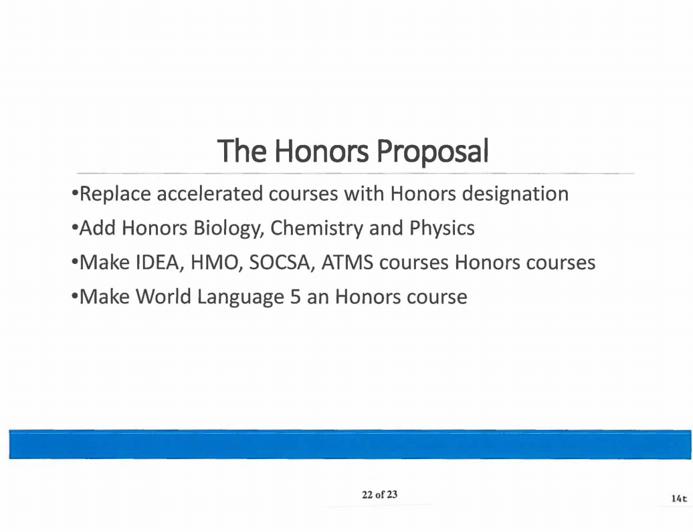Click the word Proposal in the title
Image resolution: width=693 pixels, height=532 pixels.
(432, 152)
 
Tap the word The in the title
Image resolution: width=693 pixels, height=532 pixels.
(241, 150)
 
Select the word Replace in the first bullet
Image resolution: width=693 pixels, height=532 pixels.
(115, 194)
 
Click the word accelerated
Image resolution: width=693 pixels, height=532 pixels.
(209, 194)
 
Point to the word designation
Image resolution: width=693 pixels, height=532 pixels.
(515, 194)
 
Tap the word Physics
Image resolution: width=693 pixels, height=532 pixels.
(442, 229)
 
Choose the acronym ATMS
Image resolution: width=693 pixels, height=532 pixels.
(347, 263)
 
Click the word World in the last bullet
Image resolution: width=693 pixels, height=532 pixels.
(163, 296)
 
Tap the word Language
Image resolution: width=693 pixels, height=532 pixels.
(240, 297)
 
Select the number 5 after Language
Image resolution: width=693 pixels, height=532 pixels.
(295, 297)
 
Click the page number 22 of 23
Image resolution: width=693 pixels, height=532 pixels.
(380, 495)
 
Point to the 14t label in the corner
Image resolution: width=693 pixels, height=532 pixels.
(679, 499)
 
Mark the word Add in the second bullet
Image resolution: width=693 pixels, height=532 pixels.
(98, 229)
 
